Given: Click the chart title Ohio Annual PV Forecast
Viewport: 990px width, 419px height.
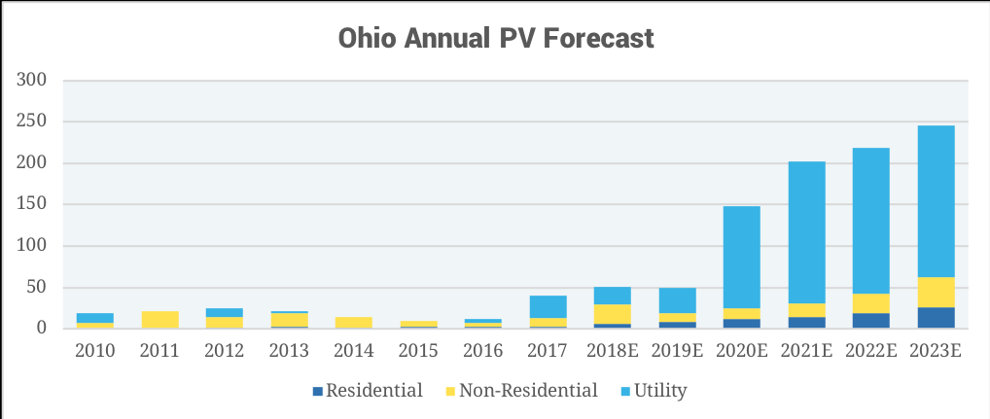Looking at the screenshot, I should [x=495, y=38].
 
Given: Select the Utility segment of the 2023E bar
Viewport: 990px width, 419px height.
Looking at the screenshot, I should [x=936, y=201].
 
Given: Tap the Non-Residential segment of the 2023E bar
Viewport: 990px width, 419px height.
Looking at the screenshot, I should [x=936, y=292].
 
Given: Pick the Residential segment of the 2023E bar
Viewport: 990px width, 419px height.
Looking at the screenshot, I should [x=936, y=318].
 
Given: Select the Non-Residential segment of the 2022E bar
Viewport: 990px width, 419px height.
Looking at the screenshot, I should [x=871, y=303].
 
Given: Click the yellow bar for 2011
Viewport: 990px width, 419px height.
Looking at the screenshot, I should [x=159, y=320].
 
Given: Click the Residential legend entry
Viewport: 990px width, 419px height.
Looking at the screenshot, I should [x=367, y=391].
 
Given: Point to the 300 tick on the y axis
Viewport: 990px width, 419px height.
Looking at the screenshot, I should [x=32, y=80].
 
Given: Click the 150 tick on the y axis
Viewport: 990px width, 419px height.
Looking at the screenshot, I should [x=32, y=204].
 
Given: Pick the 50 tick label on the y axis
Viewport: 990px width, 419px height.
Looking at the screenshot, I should [x=37, y=287].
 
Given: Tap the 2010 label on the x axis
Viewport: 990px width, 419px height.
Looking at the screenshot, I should [x=95, y=350].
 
